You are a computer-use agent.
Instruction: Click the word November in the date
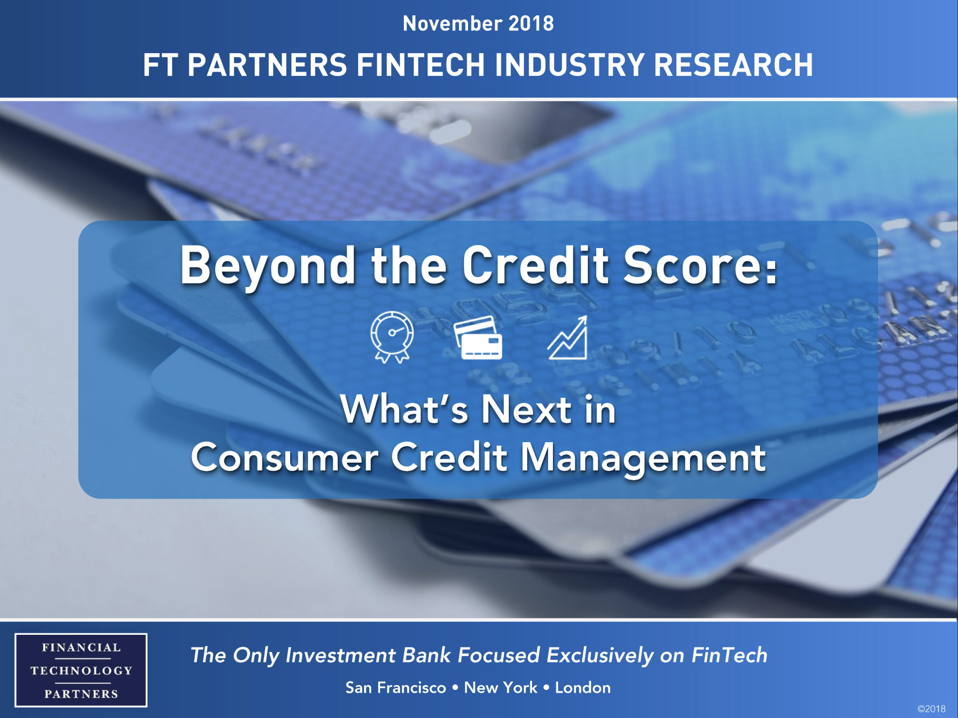(452, 23)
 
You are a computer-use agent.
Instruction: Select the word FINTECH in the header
(420, 65)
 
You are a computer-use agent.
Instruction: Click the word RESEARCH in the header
(733, 65)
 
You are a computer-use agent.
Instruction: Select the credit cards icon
(478, 338)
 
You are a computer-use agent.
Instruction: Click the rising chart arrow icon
(568, 338)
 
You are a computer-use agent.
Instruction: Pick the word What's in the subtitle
(403, 410)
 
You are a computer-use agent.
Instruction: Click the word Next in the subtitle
(526, 410)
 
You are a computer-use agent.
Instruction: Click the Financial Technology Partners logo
(81, 670)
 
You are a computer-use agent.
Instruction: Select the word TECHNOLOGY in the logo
(81, 670)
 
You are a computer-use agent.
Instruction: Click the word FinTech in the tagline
(729, 655)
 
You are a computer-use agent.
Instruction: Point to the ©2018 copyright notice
(931, 709)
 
